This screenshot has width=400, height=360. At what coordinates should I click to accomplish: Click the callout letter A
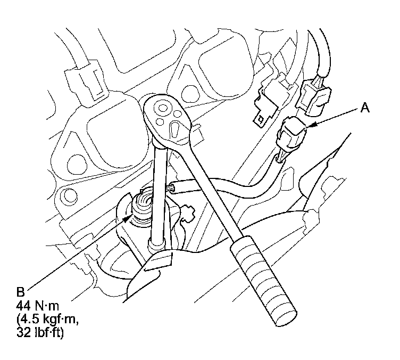(x=365, y=108)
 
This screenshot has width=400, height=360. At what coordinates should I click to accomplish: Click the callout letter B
(x=21, y=292)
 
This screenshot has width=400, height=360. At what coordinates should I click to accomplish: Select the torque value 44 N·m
(x=38, y=306)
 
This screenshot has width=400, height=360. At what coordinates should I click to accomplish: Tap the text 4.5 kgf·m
(x=47, y=320)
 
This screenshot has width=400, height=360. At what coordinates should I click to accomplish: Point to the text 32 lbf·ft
(x=40, y=333)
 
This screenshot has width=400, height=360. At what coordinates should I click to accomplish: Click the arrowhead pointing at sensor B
(x=128, y=218)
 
